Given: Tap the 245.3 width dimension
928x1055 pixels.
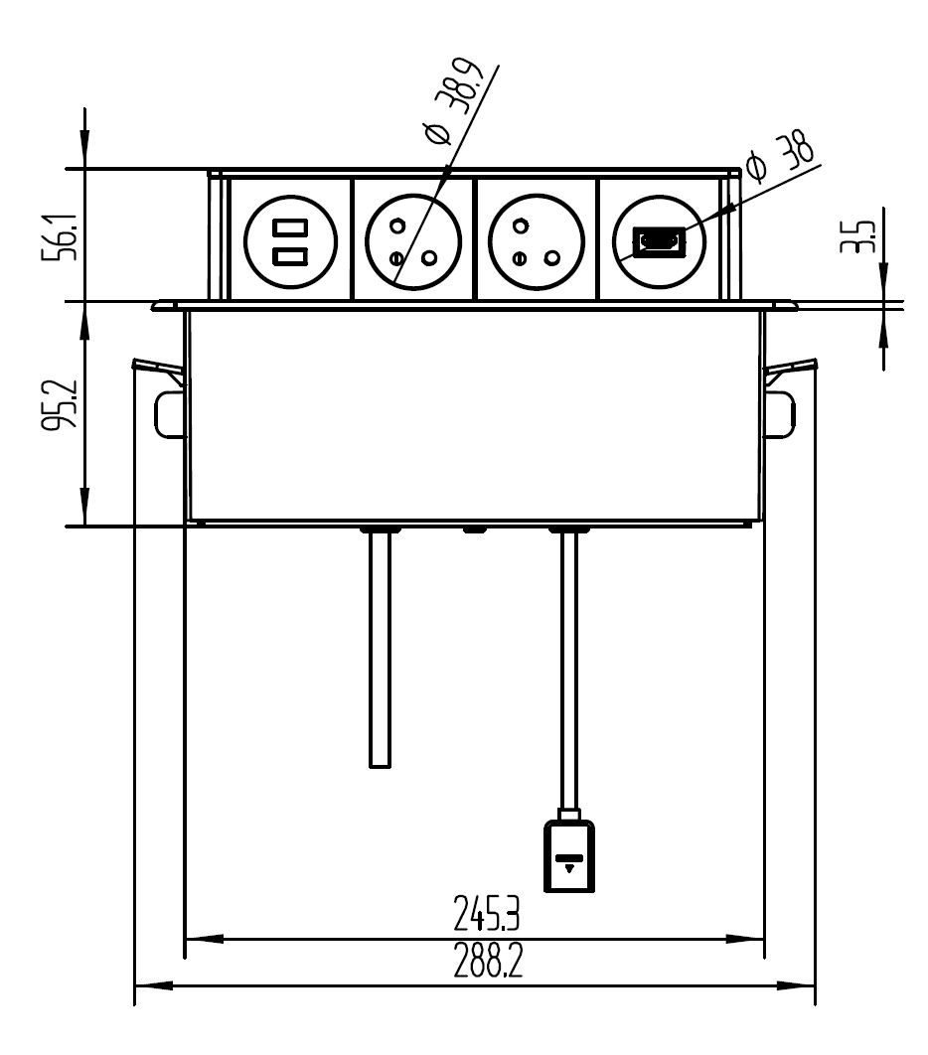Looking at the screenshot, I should point(488,912).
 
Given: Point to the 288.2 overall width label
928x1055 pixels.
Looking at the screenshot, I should point(488,962).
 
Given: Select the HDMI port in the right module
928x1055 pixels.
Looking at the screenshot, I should point(659,241).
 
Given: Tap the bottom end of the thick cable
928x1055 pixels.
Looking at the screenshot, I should point(379,761).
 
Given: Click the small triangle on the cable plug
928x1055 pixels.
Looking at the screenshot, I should point(569,867).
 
